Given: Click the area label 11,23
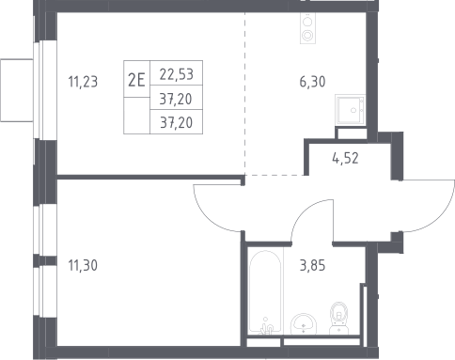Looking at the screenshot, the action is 83,82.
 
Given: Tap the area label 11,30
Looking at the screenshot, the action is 83,265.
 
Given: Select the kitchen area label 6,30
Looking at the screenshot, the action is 312,82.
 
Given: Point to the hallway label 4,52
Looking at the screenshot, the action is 345,158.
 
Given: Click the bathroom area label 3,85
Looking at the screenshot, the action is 312,265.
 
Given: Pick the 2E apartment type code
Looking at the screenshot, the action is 136,80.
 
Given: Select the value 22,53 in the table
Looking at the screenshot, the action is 177,74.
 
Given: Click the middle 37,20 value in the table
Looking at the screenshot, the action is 176,99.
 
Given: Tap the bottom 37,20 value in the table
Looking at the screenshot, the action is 177,122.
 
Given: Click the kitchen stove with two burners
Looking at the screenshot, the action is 307,28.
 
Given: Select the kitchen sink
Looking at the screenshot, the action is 351,110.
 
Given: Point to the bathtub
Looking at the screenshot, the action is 265,291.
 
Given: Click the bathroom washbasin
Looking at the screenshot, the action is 304,324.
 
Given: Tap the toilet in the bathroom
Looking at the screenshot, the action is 339,319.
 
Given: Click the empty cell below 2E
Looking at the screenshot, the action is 137,116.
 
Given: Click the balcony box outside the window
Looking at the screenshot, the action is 17,90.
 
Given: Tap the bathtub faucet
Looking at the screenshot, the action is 266,327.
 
